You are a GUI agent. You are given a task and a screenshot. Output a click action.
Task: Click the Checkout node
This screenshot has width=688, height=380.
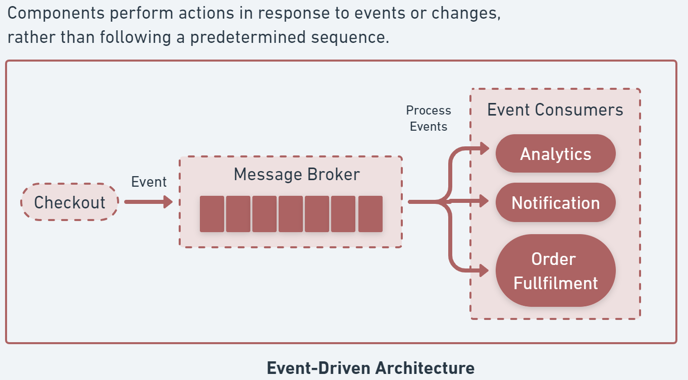(70, 202)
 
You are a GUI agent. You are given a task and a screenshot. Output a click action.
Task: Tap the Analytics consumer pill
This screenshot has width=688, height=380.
(555, 154)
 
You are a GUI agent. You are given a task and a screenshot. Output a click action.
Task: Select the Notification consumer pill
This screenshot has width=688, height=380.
(555, 203)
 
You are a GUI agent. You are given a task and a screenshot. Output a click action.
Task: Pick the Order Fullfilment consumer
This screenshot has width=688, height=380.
(555, 270)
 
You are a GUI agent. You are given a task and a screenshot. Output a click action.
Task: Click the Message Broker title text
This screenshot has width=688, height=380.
(296, 175)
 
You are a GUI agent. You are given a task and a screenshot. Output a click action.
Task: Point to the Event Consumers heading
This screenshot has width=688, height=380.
(555, 110)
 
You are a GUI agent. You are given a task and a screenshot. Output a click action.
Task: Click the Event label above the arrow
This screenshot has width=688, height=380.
(148, 182)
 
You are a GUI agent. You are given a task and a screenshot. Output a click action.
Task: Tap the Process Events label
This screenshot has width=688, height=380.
(429, 119)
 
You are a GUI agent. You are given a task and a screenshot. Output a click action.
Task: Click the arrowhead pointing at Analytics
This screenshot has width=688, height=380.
(485, 148)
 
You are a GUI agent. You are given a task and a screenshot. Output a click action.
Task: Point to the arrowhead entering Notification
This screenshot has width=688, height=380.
(485, 201)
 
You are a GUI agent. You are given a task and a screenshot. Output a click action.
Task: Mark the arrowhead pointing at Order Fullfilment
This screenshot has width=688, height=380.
(485, 270)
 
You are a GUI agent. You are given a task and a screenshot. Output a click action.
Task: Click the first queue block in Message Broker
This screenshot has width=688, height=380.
(212, 214)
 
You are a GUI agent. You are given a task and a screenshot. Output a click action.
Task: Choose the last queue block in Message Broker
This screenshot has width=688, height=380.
(370, 214)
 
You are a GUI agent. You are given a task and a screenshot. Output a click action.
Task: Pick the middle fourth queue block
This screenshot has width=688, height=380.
(291, 214)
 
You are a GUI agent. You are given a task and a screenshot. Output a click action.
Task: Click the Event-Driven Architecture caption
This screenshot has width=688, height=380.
(371, 368)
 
